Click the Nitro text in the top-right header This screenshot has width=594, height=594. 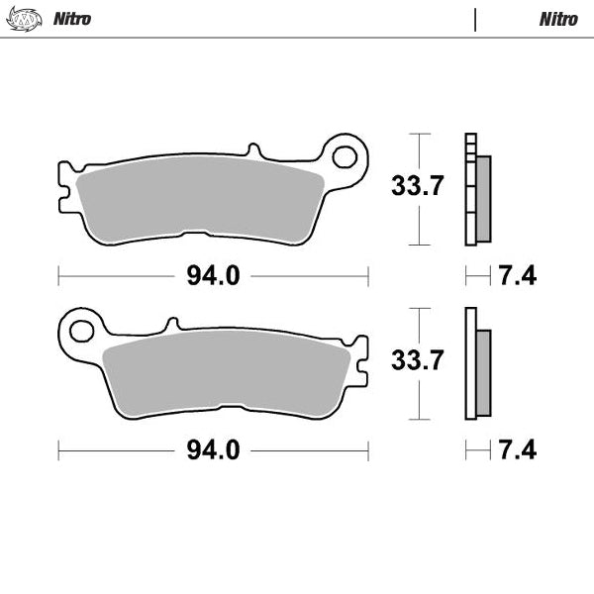[558, 19]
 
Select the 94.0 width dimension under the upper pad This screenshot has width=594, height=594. [213, 276]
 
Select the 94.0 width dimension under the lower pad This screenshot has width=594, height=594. [213, 450]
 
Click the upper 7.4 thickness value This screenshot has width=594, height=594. [517, 276]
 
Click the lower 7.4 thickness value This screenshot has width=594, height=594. [517, 450]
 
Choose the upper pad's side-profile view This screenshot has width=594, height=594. [476, 190]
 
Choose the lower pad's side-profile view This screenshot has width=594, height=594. [476, 364]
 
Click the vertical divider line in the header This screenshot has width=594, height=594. [475, 20]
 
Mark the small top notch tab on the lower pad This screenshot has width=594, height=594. [172, 323]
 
